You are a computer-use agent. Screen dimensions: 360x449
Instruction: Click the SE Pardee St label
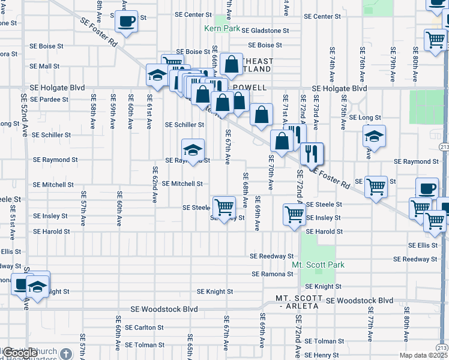49,99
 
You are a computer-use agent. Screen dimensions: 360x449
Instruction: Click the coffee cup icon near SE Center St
126,22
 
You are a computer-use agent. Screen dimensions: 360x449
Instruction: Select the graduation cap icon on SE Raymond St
193,150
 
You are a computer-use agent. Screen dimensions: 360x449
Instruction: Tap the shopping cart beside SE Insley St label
294,214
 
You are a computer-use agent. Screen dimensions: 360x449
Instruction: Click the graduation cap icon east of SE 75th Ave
374,137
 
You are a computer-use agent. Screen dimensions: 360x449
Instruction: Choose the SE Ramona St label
273,274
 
